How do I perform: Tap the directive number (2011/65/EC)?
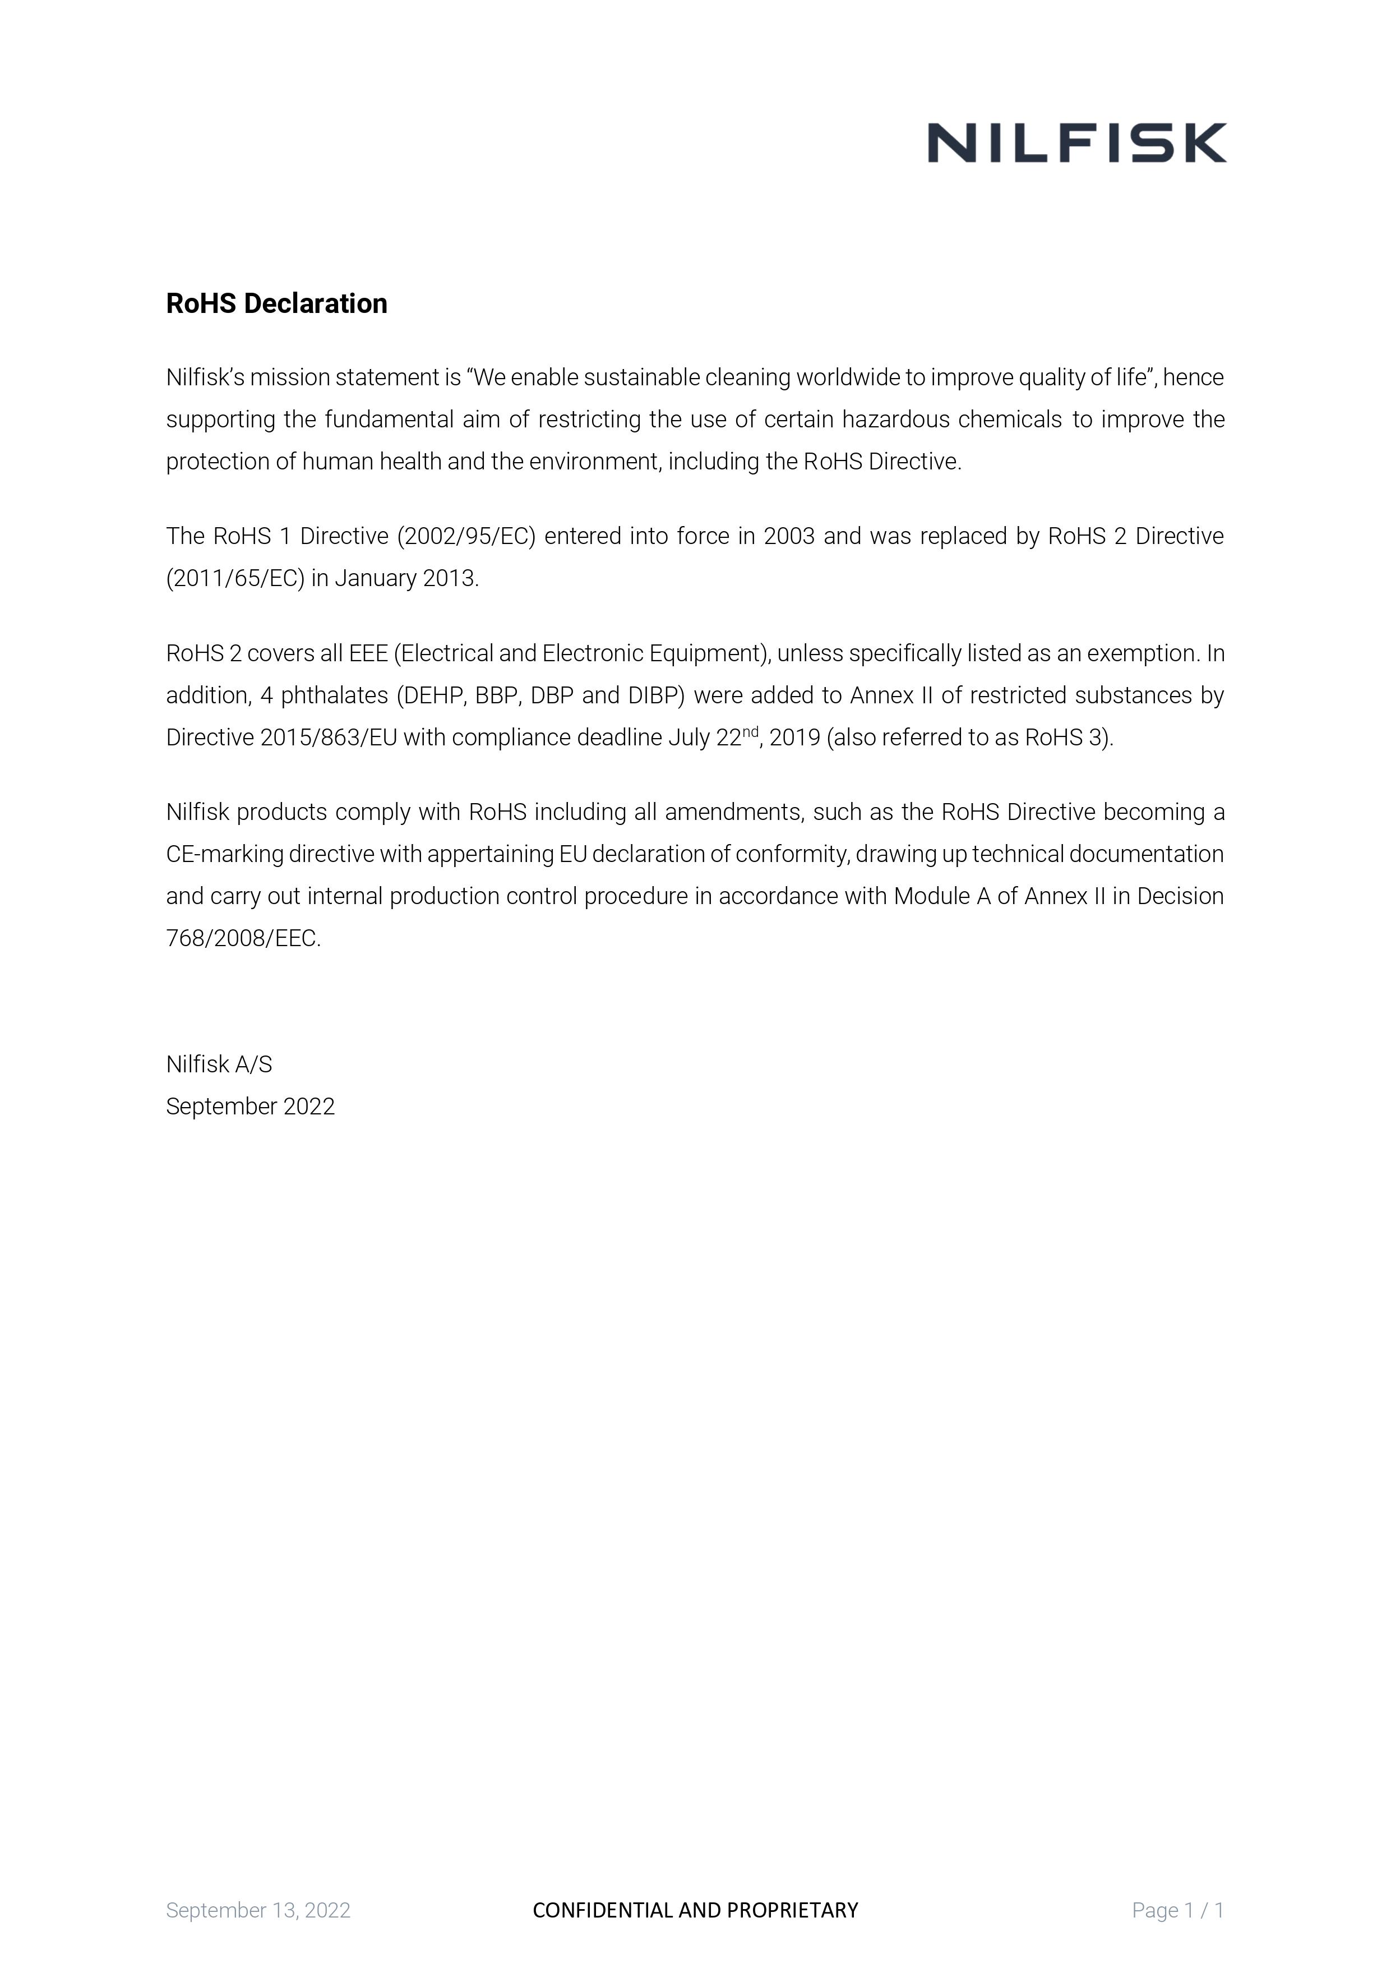pos(235,579)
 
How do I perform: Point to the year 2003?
pos(788,537)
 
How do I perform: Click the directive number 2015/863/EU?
pos(328,738)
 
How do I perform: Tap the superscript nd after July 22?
pos(750,731)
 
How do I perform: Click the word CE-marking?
pos(225,855)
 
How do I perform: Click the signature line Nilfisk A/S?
pos(219,1064)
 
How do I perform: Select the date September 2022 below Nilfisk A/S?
pos(250,1107)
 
